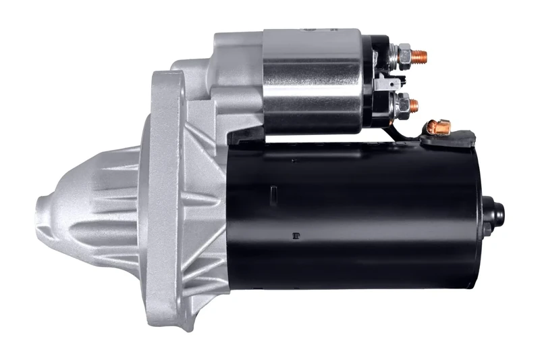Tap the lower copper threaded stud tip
[x=413, y=105]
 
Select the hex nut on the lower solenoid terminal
[x=402, y=105]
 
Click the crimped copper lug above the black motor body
[x=439, y=126]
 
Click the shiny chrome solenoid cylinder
[x=310, y=81]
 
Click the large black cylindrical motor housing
[x=358, y=216]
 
